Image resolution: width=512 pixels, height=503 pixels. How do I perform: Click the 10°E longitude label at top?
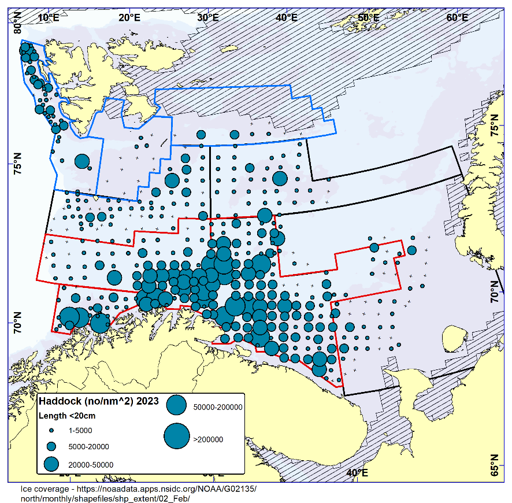point(49,17)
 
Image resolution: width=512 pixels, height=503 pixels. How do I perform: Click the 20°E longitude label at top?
point(129,17)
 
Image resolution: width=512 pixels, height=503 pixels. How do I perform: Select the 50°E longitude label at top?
point(368,17)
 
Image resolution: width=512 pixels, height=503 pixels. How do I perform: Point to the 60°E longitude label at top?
point(457,17)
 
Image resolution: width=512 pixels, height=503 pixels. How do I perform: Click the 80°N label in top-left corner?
point(18,24)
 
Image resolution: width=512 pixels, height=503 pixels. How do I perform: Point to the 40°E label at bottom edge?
point(357,474)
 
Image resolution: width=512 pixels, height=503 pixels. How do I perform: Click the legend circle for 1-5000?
point(51,431)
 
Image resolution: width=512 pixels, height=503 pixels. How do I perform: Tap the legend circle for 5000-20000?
point(51,446)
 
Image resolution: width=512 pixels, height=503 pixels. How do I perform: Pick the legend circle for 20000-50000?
point(51,464)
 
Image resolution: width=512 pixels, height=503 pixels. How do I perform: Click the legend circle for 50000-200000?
point(176,405)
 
